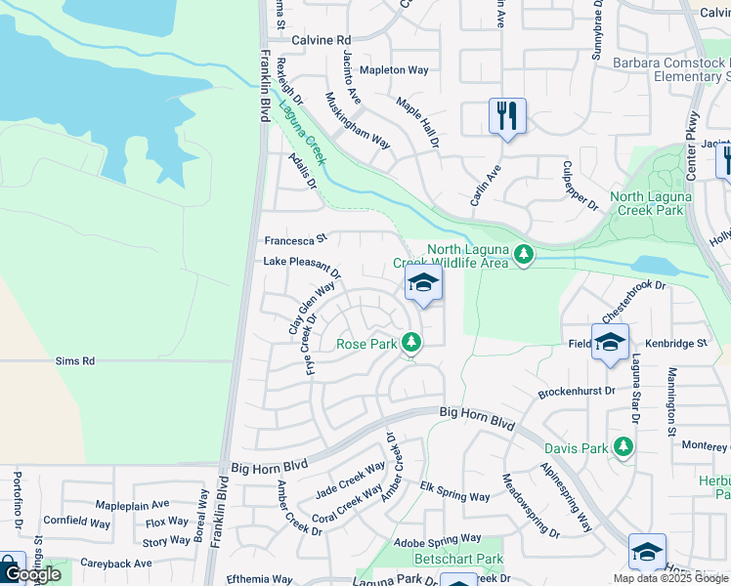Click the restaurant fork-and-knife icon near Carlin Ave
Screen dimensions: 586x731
(507, 116)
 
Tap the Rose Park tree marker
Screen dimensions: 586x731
(412, 342)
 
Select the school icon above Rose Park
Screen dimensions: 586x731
(423, 284)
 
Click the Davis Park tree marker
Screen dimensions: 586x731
(623, 447)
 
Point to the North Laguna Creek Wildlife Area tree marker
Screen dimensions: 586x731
(524, 255)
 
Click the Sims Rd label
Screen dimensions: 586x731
(74, 360)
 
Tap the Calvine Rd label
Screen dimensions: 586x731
(321, 40)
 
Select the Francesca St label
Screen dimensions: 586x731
(294, 239)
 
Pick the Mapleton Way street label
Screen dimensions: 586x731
(394, 70)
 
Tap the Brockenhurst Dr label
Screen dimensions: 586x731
(577, 392)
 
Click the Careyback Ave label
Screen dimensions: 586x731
(115, 564)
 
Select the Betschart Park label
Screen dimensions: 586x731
(458, 559)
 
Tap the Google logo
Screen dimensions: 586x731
(31, 573)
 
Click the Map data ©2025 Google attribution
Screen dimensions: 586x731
(670, 578)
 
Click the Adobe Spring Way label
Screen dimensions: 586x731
(437, 539)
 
